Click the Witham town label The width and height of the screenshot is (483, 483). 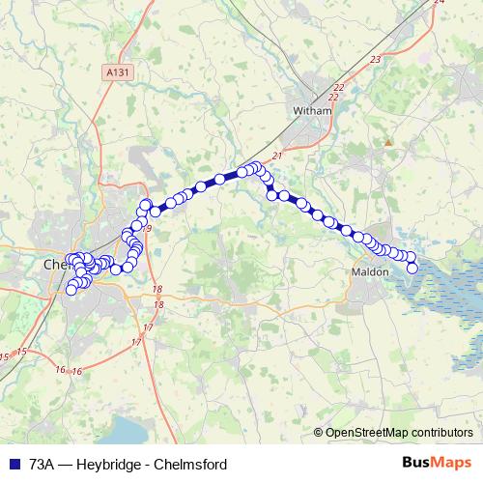click(312, 111)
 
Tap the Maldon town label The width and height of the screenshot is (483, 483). click(370, 271)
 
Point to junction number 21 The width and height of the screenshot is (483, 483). click(277, 155)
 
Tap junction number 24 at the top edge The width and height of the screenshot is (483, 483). click(439, 3)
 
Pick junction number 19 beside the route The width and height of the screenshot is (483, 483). click(148, 227)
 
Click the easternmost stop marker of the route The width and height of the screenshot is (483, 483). click(412, 268)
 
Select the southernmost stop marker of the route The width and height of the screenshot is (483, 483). click(71, 289)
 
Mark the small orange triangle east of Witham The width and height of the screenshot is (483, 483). click(388, 143)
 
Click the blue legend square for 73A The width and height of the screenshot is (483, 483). click(14, 464)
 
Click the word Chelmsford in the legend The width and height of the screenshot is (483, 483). click(192, 464)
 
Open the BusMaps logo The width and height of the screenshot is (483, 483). click(436, 464)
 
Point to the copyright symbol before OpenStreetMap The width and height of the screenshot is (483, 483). click(318, 433)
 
